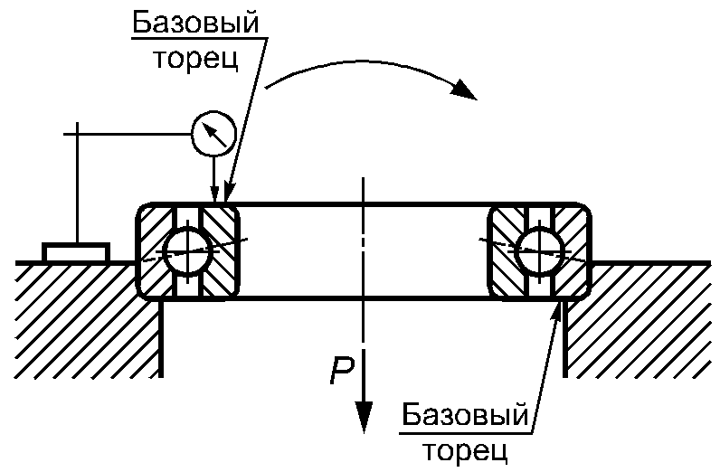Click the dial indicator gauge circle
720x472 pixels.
coord(213,134)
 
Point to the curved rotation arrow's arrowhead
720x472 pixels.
coord(465,90)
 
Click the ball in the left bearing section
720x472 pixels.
coord(187,249)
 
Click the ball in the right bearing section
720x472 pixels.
coord(540,249)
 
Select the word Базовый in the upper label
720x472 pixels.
coord(200,23)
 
